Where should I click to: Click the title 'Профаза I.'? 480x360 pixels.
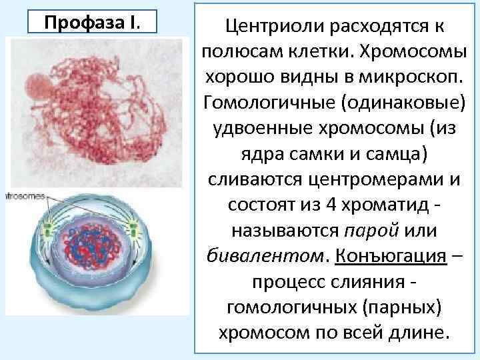pyautogui.click(x=93, y=21)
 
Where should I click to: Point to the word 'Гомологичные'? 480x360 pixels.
pyautogui.click(x=261, y=103)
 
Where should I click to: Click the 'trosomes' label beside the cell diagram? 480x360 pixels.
pyautogui.click(x=25, y=197)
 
